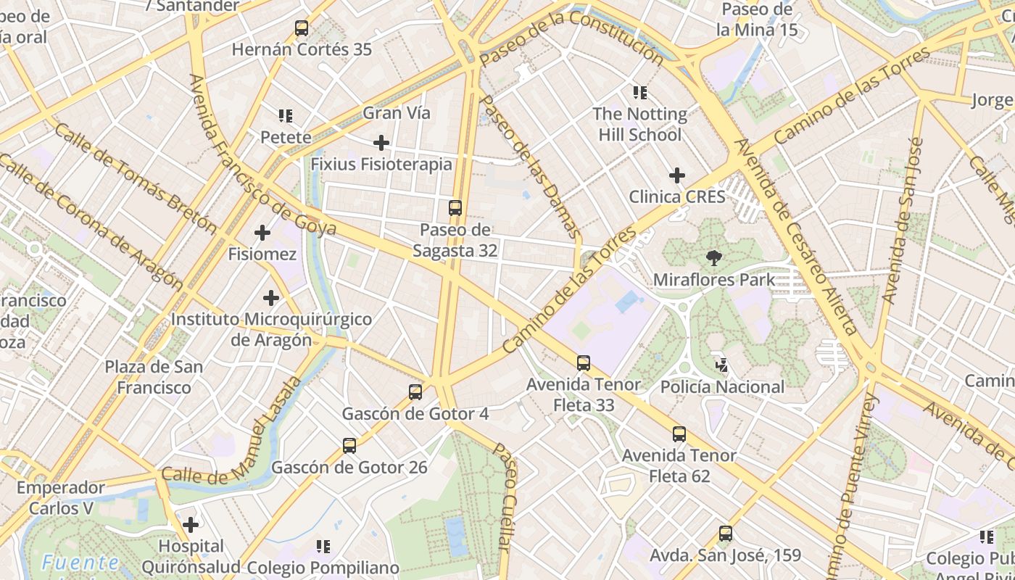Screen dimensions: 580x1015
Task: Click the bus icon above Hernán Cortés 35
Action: coord(302,29)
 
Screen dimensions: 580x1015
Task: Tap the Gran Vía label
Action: coord(397,113)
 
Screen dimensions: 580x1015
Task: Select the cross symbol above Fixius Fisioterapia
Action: coord(381,143)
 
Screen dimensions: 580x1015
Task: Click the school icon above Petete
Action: coord(286,116)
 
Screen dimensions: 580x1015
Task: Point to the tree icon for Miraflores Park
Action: coord(714,258)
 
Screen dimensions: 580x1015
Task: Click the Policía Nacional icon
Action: coord(721,365)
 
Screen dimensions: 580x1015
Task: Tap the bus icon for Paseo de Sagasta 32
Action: coord(455,208)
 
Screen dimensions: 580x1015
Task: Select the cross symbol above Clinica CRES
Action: coord(677,175)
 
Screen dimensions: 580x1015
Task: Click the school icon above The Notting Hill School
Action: coord(639,92)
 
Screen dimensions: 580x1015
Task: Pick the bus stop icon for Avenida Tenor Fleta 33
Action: coord(584,363)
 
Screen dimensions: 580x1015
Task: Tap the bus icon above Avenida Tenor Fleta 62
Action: coord(679,434)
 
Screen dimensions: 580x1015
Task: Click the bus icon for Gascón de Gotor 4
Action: coord(415,392)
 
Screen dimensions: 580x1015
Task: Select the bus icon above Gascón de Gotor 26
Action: coord(349,446)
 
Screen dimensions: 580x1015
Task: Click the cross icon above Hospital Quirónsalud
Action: coord(191,524)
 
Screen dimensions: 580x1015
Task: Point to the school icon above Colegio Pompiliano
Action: coord(323,546)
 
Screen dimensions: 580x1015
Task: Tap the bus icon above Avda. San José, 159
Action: coord(726,534)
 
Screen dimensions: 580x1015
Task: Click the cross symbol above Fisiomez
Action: coord(262,233)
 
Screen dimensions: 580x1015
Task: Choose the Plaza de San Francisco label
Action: coord(154,377)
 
